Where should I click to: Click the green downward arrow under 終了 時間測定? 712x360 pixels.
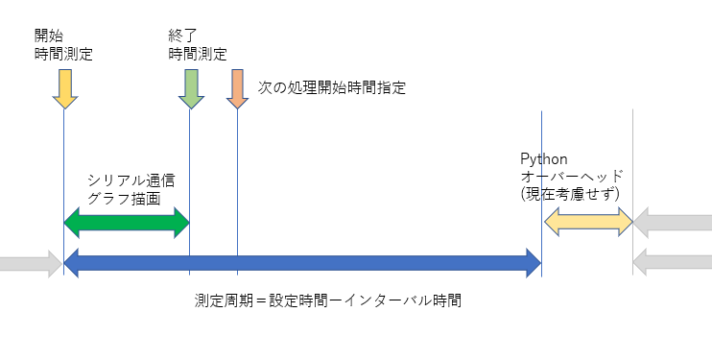point(190,88)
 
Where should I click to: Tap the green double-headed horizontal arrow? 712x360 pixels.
point(127,223)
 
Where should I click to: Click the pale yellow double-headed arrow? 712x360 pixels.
point(587,223)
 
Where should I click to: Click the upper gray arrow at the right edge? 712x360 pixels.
point(674,223)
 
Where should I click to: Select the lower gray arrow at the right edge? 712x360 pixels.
point(674,262)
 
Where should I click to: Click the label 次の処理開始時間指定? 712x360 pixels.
point(332,87)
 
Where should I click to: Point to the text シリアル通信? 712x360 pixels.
point(131,180)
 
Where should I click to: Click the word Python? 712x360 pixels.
point(543,158)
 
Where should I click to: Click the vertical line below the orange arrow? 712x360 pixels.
point(238,192)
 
